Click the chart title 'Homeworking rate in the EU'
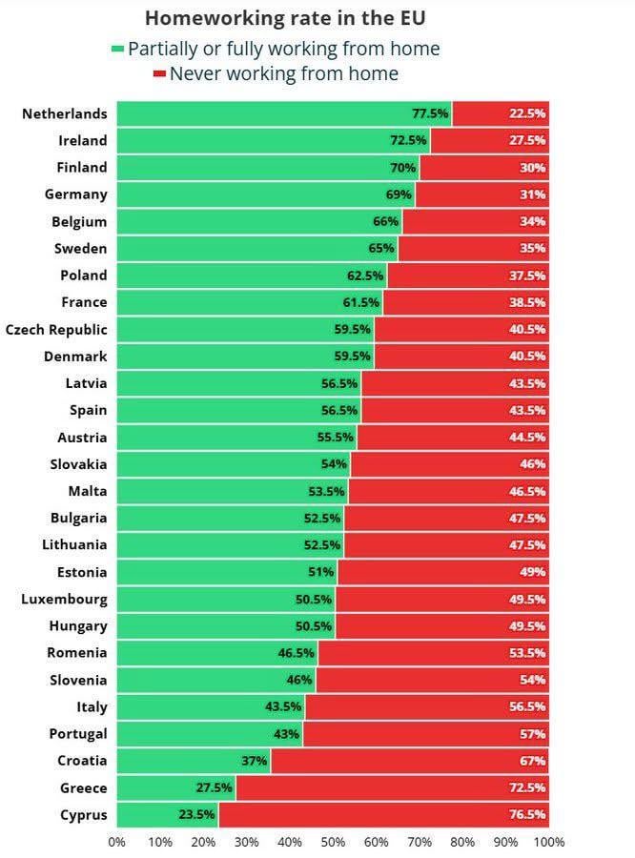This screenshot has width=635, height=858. click(x=284, y=18)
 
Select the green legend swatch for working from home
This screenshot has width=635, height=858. click(x=117, y=50)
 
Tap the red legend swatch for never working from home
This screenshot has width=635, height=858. click(x=159, y=74)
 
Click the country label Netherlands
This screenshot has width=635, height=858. click(x=64, y=113)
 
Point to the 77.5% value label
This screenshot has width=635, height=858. click(x=429, y=113)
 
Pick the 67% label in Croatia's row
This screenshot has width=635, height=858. click(x=532, y=762)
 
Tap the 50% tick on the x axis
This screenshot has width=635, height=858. click(x=333, y=842)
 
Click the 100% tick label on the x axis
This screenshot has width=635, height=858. click(x=548, y=842)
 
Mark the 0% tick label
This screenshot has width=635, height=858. click(x=116, y=842)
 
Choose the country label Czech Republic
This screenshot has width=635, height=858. click(x=56, y=330)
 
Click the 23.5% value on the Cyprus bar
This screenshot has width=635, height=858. click(x=196, y=815)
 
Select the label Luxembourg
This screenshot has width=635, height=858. click(x=64, y=600)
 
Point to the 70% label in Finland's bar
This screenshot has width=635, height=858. click(x=402, y=168)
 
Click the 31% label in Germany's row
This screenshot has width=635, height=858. click(x=532, y=194)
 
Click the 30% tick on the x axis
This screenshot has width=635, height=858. click(x=246, y=842)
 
